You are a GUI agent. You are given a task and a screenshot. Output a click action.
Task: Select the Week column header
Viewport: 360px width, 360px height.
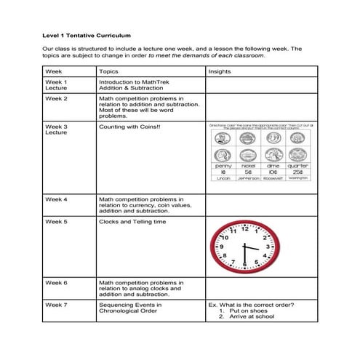(x=53, y=71)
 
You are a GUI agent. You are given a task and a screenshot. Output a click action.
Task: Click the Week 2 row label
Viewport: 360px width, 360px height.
(x=56, y=97)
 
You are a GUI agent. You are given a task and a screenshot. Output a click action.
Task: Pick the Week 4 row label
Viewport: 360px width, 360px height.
(x=56, y=198)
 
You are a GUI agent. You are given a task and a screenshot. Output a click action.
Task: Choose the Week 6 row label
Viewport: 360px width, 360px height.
(x=56, y=282)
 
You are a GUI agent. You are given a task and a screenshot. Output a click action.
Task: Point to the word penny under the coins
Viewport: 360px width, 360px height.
(x=224, y=165)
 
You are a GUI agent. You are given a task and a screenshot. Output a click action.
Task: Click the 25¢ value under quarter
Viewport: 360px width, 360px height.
(x=298, y=171)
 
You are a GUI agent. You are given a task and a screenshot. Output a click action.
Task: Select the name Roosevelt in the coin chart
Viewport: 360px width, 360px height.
(x=273, y=177)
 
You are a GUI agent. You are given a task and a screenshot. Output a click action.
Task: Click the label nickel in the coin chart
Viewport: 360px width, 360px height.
(x=249, y=165)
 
